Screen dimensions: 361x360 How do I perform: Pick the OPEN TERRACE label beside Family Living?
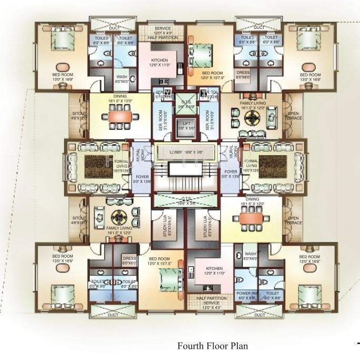tap(294, 115)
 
